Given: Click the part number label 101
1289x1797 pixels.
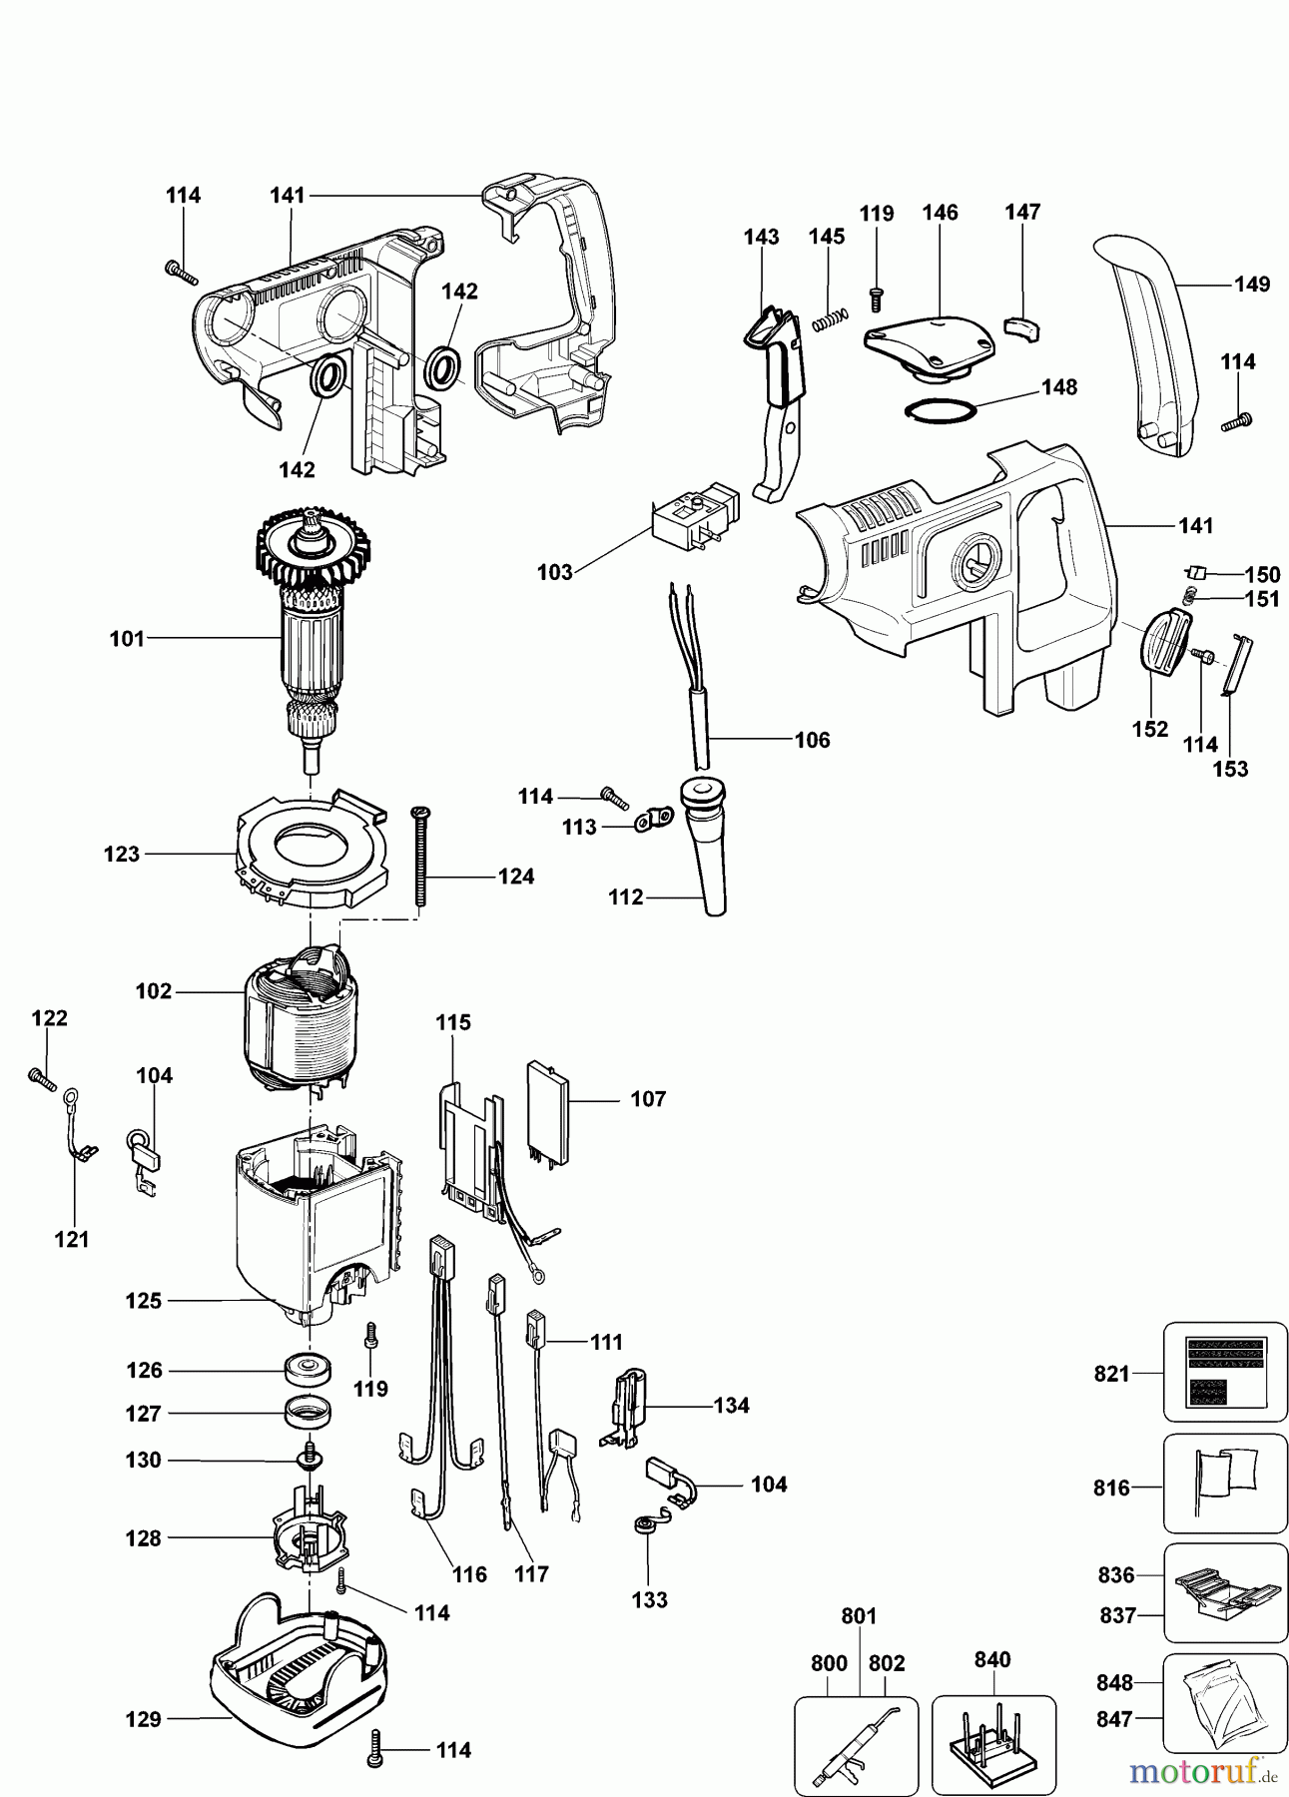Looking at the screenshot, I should (127, 639).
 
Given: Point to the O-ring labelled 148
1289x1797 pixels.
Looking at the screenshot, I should (941, 410).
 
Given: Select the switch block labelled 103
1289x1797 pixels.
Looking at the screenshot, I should (693, 514).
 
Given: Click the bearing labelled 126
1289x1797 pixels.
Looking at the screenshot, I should (308, 1369).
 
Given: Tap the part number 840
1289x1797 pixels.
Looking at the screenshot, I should (991, 1659).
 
